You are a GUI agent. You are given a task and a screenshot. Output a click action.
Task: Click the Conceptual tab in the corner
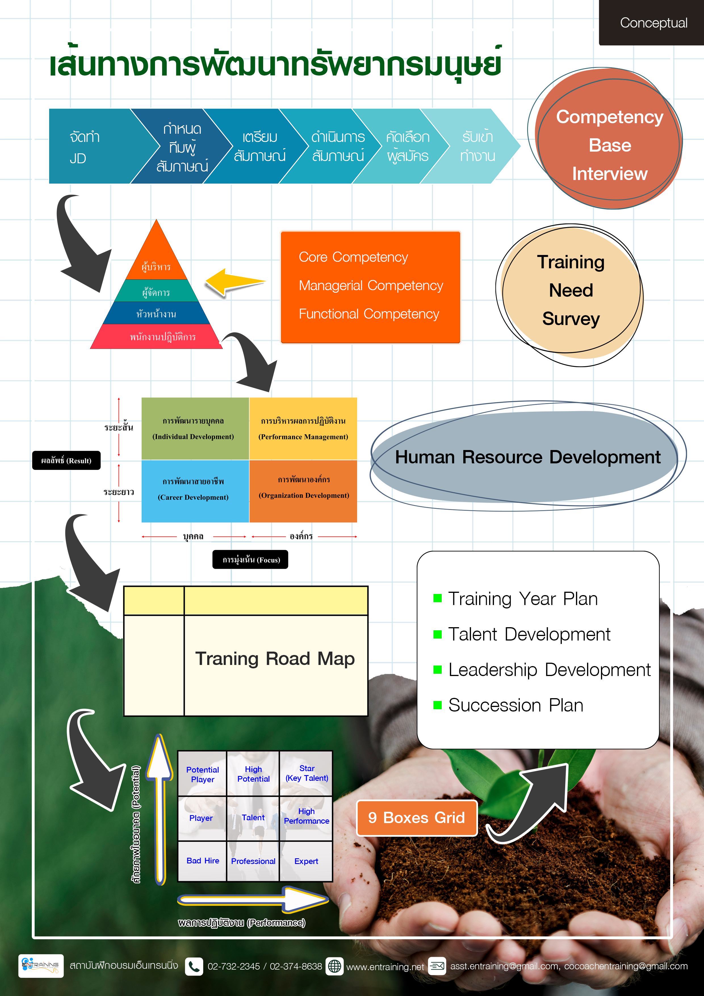pyautogui.click(x=653, y=22)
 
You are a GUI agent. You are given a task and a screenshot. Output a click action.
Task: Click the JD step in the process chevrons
pyautogui.click(x=85, y=147)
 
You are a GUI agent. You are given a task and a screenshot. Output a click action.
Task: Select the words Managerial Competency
pyautogui.click(x=371, y=285)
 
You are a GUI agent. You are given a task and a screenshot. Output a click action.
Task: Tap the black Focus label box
pyautogui.click(x=250, y=560)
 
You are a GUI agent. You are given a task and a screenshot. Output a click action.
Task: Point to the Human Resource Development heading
pyautogui.click(x=527, y=457)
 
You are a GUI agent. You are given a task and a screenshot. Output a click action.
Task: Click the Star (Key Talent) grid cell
pyautogui.click(x=307, y=773)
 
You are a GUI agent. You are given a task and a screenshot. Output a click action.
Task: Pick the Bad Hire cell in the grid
pyautogui.click(x=203, y=861)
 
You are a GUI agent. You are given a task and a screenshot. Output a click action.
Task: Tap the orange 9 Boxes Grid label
pyautogui.click(x=416, y=818)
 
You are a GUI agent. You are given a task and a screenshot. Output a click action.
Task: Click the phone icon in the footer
pyautogui.click(x=194, y=966)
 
